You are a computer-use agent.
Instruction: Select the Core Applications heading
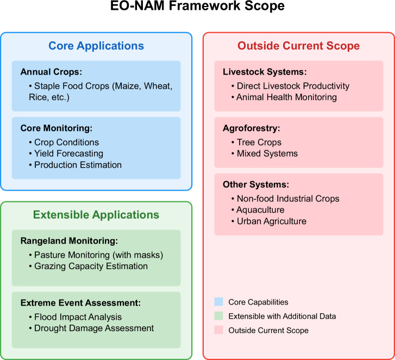pyautogui.click(x=96, y=46)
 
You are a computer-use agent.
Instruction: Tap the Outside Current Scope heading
pyautogui.click(x=298, y=46)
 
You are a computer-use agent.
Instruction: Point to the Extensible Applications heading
pyautogui.click(x=96, y=215)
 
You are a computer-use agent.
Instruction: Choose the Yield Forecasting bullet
pyautogui.click(x=68, y=153)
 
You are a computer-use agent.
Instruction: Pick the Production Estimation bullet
pyautogui.click(x=78, y=165)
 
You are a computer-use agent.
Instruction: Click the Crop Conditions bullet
pyautogui.click(x=66, y=142)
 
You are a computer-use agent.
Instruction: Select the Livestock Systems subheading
pyautogui.click(x=257, y=72)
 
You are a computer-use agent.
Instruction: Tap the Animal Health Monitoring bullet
pyautogui.click(x=286, y=97)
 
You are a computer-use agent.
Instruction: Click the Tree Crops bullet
pyautogui.click(x=259, y=142)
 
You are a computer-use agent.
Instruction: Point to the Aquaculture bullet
pyautogui.click(x=260, y=210)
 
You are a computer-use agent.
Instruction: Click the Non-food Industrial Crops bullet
pyautogui.click(x=287, y=198)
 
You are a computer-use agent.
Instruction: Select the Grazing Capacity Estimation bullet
pyautogui.click(x=91, y=266)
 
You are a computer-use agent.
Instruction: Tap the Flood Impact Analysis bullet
pyautogui.click(x=78, y=317)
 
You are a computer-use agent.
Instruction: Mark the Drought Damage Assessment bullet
pyautogui.click(x=94, y=328)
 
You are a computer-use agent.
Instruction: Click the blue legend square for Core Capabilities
pyautogui.click(x=219, y=302)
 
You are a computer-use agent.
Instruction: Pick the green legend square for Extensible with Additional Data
pyautogui.click(x=219, y=316)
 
